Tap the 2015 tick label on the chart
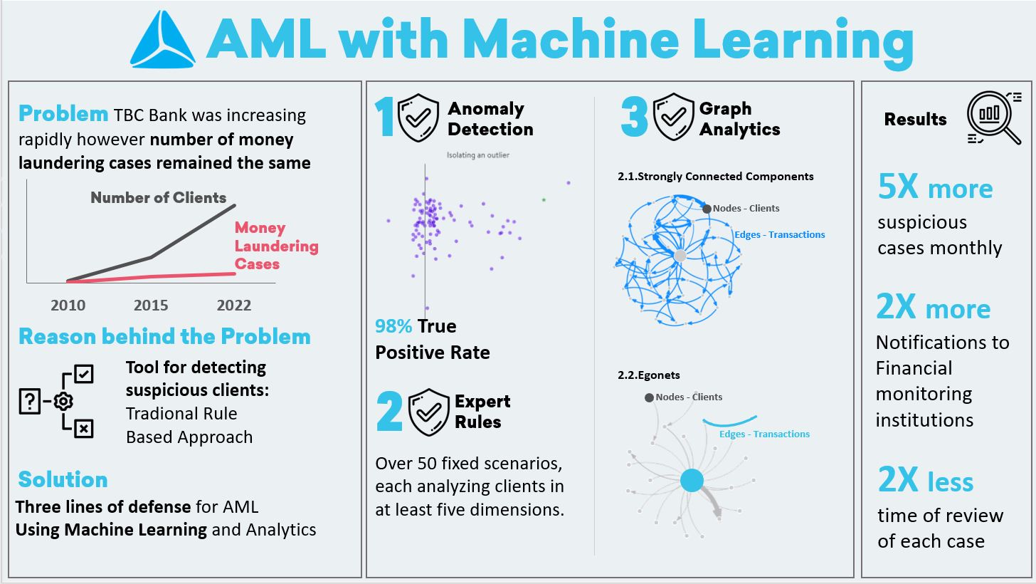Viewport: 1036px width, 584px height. [151, 305]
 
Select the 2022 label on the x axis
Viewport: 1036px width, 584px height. [234, 305]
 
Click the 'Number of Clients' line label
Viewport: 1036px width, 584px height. [158, 198]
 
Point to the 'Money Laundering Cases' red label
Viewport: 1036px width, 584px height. [276, 246]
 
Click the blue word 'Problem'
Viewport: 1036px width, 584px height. [63, 114]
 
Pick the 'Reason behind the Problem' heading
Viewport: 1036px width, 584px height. [164, 336]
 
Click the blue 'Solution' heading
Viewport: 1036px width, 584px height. [63, 479]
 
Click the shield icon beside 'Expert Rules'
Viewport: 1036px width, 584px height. [428, 411]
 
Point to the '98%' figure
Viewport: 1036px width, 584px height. [393, 327]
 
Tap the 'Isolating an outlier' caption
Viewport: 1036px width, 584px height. [477, 155]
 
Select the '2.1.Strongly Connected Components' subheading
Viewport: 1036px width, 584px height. [715, 177]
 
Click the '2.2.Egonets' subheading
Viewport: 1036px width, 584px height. [650, 375]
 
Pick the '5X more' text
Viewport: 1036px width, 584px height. [935, 189]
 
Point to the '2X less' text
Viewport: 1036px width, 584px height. [926, 482]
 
